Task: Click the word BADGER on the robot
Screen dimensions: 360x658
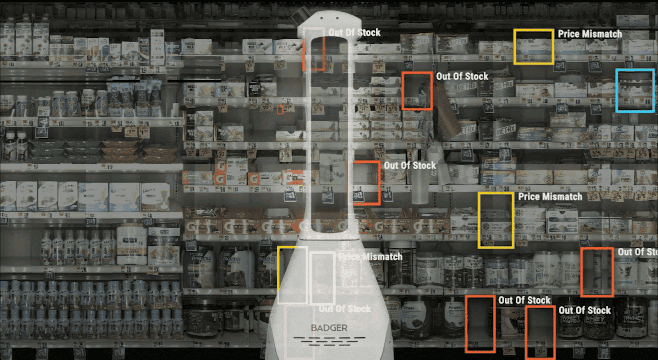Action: [329, 328]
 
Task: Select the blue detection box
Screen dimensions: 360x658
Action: [635, 90]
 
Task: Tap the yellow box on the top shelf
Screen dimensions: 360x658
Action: [534, 47]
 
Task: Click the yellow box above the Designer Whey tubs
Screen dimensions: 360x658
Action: [496, 220]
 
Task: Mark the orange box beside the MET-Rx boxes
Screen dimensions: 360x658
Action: [417, 91]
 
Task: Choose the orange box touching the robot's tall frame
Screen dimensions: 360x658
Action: [364, 183]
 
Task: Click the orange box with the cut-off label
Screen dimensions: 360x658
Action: [597, 272]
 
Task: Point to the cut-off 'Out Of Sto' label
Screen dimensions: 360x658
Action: [637, 252]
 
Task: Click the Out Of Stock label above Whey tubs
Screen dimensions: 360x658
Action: [585, 311]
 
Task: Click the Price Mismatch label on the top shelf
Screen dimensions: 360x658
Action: [589, 34]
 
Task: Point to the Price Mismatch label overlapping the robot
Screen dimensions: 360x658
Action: [370, 257]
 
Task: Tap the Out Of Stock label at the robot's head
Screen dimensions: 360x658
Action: [354, 33]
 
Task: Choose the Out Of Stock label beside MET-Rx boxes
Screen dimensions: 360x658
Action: [462, 77]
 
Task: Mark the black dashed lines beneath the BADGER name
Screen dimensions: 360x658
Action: [329, 341]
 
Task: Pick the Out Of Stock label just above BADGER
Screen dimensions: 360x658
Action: [345, 309]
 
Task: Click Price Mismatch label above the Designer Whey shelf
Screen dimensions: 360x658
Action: [550, 197]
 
